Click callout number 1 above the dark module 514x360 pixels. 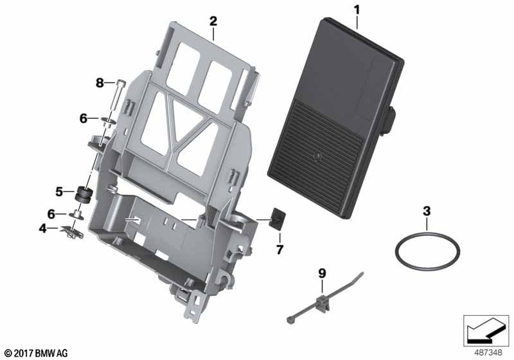pos(357,10)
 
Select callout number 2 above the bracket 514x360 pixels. pos(213,21)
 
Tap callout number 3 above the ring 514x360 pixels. pos(427,211)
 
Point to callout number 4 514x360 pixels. pos(43,228)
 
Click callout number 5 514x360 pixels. pos(59,192)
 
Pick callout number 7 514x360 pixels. pos(279,250)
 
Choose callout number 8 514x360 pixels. pos(100,83)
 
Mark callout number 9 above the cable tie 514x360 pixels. pos(323,273)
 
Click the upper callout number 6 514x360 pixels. pos(84,118)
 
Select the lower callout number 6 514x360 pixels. pos(51,214)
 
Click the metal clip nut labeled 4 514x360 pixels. pos(73,231)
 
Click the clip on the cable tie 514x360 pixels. pos(323,303)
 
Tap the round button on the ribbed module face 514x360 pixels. pos(317,157)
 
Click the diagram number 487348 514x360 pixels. pos(488,353)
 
